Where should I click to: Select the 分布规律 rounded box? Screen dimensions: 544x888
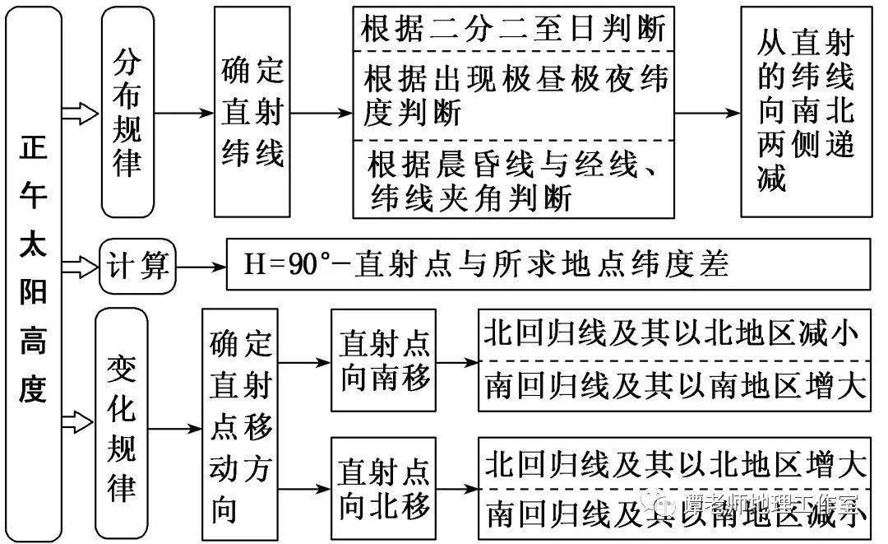(127, 112)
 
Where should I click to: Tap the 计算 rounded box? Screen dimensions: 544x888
(137, 266)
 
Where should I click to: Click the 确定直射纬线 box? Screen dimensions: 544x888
(252, 112)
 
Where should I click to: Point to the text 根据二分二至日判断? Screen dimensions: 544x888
(512, 30)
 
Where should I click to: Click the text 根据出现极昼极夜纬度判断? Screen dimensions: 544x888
(514, 95)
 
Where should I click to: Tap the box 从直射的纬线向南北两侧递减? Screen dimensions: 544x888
(805, 112)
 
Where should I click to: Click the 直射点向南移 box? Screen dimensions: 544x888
(383, 360)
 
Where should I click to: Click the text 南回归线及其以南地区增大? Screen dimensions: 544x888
(673, 386)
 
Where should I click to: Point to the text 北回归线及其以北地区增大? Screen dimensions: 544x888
(673, 465)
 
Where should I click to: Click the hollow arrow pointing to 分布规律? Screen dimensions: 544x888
(81, 113)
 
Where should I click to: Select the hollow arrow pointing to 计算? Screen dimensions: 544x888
(81, 266)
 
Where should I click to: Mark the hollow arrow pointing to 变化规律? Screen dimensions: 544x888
(81, 423)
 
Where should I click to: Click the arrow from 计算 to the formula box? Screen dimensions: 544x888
(201, 266)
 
